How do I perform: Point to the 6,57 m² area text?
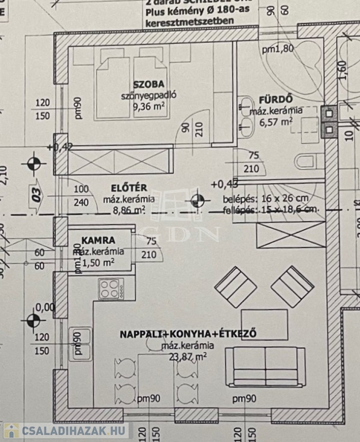pos(275,121)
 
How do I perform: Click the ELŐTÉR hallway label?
pos(125,188)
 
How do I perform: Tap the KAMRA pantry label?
pos(98,240)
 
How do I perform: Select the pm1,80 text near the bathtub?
pos(278,49)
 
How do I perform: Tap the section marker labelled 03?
pos(36,191)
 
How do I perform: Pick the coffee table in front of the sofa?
pos(264,325)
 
